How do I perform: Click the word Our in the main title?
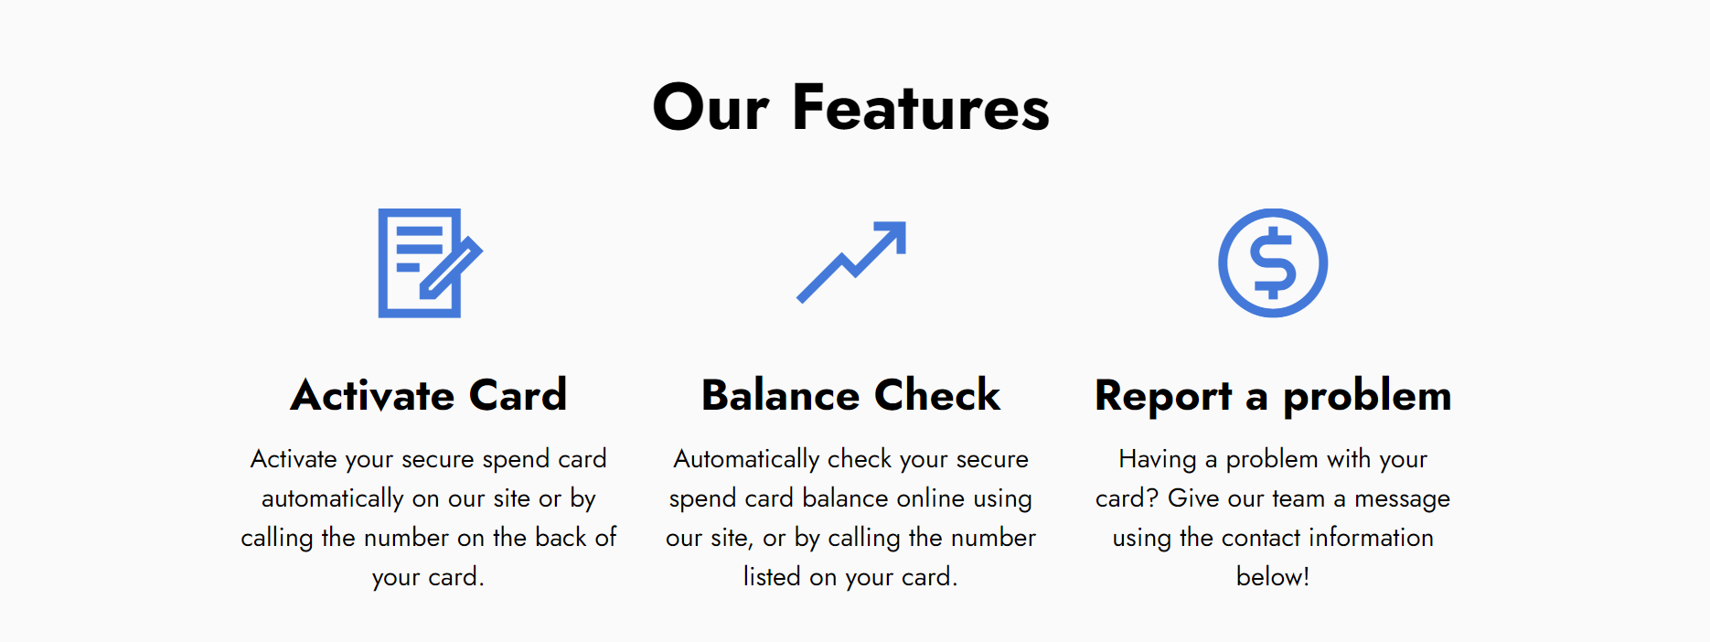711,108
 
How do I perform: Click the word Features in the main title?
921,108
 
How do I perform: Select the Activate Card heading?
429,395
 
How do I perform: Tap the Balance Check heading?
850,395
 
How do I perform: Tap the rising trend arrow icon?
851,262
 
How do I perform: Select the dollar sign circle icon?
1273,263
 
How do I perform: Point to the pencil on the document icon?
451,268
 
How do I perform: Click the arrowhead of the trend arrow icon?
892,235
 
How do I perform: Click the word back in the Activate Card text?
561,537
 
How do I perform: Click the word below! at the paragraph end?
1273,576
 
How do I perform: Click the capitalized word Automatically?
746,459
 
